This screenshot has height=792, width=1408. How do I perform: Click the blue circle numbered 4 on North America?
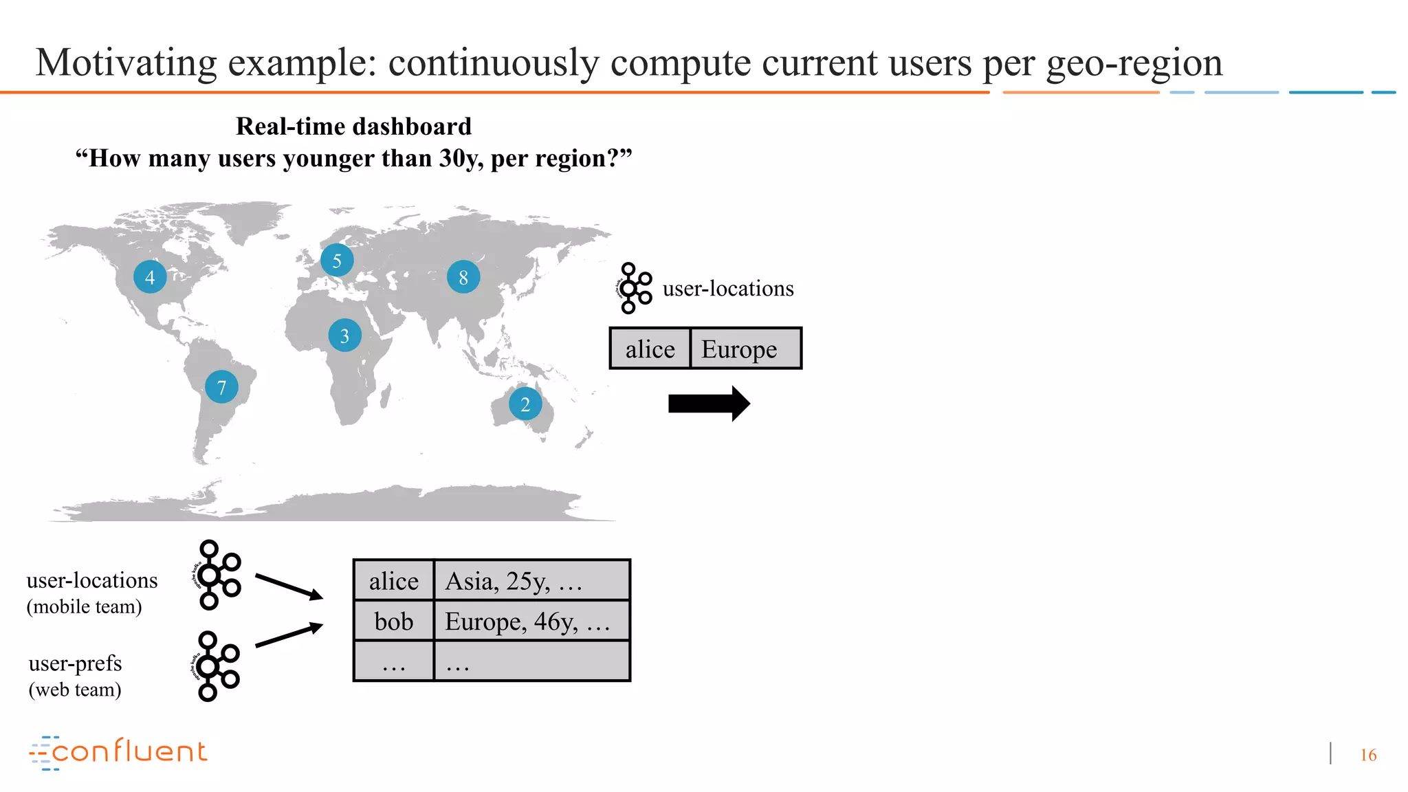(150, 277)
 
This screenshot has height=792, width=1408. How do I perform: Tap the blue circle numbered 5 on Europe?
(337, 261)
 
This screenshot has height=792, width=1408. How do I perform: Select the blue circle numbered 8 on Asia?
(463, 277)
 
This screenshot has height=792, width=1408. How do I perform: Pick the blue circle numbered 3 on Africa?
(345, 335)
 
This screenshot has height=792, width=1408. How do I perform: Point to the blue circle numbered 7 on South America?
(221, 387)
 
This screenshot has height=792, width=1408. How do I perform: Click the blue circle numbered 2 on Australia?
(525, 404)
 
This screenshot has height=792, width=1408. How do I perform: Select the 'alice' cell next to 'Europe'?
(650, 349)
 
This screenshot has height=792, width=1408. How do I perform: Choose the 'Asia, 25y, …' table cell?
(531, 581)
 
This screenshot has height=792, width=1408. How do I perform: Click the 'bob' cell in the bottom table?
(394, 621)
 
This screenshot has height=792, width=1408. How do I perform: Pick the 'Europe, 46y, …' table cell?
(531, 621)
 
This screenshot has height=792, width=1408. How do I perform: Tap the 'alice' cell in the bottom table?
(394, 581)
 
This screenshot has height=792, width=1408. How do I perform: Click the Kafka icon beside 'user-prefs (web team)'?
(215, 665)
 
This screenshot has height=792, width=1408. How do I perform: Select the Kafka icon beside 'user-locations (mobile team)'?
(217, 575)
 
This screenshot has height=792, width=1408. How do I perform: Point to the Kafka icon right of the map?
(634, 288)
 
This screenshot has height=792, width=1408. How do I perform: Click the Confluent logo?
(118, 752)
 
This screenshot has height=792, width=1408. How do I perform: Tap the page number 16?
(1368, 755)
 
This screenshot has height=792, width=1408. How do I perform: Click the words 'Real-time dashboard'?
(353, 126)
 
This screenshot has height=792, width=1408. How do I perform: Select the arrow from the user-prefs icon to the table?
(289, 635)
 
